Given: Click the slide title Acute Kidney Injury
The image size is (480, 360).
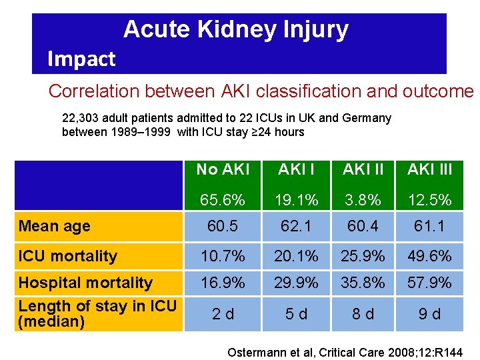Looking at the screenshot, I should (x=235, y=29).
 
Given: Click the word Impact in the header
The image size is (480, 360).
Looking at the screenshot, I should (x=81, y=59).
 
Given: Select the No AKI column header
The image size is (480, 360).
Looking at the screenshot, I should (x=222, y=169).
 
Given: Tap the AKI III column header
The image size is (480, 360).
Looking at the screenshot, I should (x=429, y=169).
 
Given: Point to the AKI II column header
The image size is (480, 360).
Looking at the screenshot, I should (x=363, y=169).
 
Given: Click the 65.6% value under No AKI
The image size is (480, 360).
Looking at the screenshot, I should (x=222, y=199).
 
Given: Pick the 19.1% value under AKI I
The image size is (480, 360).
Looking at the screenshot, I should (x=296, y=199).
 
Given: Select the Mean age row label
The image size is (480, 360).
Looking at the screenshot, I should (x=55, y=226).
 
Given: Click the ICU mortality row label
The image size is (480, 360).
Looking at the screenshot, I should (x=68, y=256).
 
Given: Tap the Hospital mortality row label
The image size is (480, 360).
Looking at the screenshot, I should (x=85, y=283).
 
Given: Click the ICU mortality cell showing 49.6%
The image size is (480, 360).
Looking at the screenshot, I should (x=429, y=256).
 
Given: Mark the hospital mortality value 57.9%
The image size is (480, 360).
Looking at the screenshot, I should (x=429, y=283).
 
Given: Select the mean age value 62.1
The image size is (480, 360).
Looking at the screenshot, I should (x=296, y=226).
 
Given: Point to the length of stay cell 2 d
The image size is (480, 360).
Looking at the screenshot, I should (x=222, y=314).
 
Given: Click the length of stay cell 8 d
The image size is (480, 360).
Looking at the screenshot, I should (x=363, y=314).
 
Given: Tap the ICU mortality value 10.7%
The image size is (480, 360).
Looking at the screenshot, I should (x=222, y=256).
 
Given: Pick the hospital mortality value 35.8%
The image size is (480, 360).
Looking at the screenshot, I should (x=363, y=283).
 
